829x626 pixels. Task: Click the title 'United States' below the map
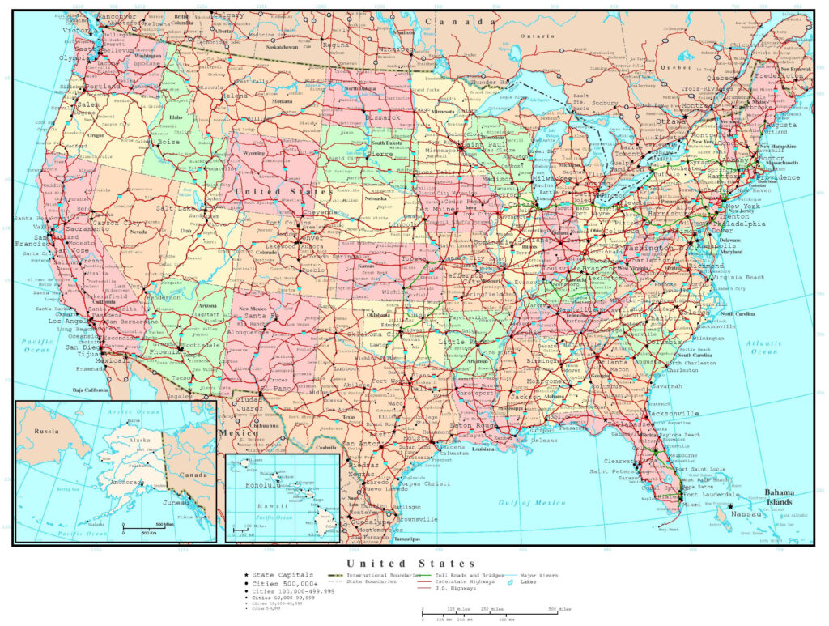point(411,563)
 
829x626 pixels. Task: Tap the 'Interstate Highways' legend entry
point(456,581)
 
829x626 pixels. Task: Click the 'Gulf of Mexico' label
point(532,503)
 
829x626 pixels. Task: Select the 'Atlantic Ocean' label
point(763,347)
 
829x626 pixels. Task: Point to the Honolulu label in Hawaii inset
point(253,485)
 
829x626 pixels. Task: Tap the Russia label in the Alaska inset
point(47,431)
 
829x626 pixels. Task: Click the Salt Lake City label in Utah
point(175,208)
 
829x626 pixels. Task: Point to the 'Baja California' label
point(90,390)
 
